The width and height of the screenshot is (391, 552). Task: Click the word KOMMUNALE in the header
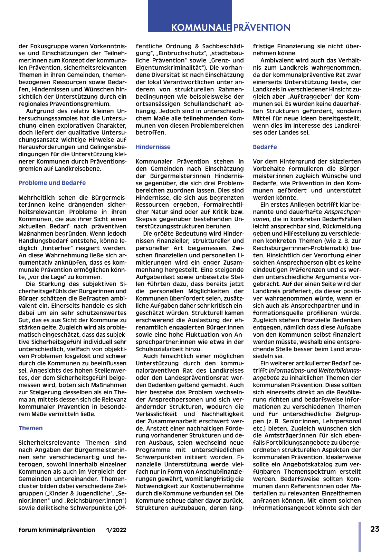coord(201,28)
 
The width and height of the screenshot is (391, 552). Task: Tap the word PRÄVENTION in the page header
coord(262,28)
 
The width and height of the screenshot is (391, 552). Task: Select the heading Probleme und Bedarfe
coord(52,183)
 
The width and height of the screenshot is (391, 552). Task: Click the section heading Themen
coord(31,428)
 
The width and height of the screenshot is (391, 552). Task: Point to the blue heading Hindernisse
coord(153,147)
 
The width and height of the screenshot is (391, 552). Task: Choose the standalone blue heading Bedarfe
coord(265,147)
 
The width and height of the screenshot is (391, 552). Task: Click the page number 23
coord(375,529)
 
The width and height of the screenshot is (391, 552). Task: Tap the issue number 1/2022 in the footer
coord(116,530)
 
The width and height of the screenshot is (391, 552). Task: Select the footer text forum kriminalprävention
coord(57,530)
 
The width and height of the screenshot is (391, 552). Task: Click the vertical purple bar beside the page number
coord(360,537)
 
